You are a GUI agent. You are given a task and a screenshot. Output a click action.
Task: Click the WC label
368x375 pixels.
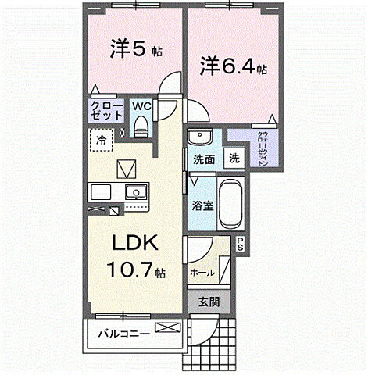pos(141,105)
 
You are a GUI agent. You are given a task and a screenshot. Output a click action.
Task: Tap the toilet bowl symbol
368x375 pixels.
pos(141,125)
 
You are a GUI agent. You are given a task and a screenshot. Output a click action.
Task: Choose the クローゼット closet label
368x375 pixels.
pos(107,110)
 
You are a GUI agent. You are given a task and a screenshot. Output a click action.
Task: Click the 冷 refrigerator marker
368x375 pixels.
pos(102,141)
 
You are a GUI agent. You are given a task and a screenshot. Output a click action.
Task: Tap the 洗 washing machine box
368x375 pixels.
pos(234,158)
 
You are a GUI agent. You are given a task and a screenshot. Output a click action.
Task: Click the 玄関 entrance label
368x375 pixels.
pos(209,302)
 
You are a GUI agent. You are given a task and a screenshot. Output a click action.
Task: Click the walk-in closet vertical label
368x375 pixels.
pos(261,148)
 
